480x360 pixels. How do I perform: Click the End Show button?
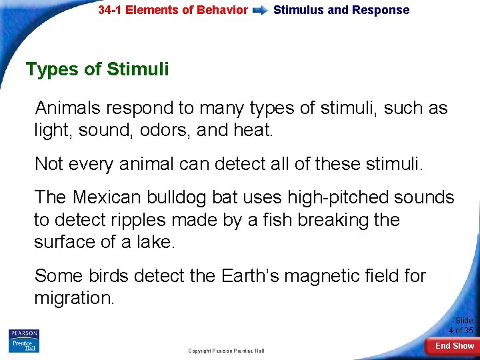(x=454, y=346)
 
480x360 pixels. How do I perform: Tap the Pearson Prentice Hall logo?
(x=24, y=341)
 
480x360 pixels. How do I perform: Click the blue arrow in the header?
(x=261, y=10)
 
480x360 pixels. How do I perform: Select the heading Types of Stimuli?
(x=97, y=69)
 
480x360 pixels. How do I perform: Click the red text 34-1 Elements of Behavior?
(x=173, y=10)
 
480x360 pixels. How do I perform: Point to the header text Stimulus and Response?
(x=341, y=10)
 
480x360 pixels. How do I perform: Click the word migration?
(x=74, y=298)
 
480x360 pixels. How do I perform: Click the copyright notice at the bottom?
(x=226, y=351)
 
